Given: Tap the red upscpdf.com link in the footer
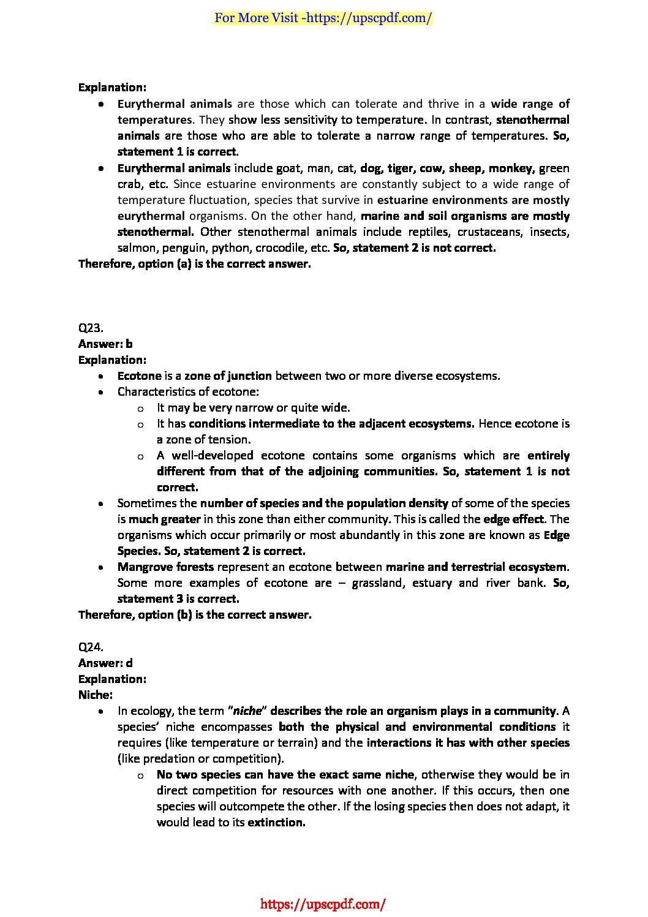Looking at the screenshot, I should click(323, 904).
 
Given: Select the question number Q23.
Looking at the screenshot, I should click(91, 328).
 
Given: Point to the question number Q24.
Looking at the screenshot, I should click(91, 647).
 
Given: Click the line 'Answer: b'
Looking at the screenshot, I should click(105, 344).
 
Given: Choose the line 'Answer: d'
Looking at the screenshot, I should click(105, 663).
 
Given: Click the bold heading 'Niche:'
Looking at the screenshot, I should click(96, 695).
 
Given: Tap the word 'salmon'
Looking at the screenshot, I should click(137, 248).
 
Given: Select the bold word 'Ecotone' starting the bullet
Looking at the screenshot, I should click(139, 375).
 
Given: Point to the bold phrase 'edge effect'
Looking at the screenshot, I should click(513, 519).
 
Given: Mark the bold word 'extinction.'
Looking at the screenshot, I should click(276, 822).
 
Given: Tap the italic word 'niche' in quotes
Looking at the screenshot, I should click(247, 711).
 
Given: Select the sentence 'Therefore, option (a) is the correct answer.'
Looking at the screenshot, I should click(195, 264).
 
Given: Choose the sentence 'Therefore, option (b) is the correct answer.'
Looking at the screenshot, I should click(195, 614).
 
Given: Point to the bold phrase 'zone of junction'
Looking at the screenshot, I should click(228, 375).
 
